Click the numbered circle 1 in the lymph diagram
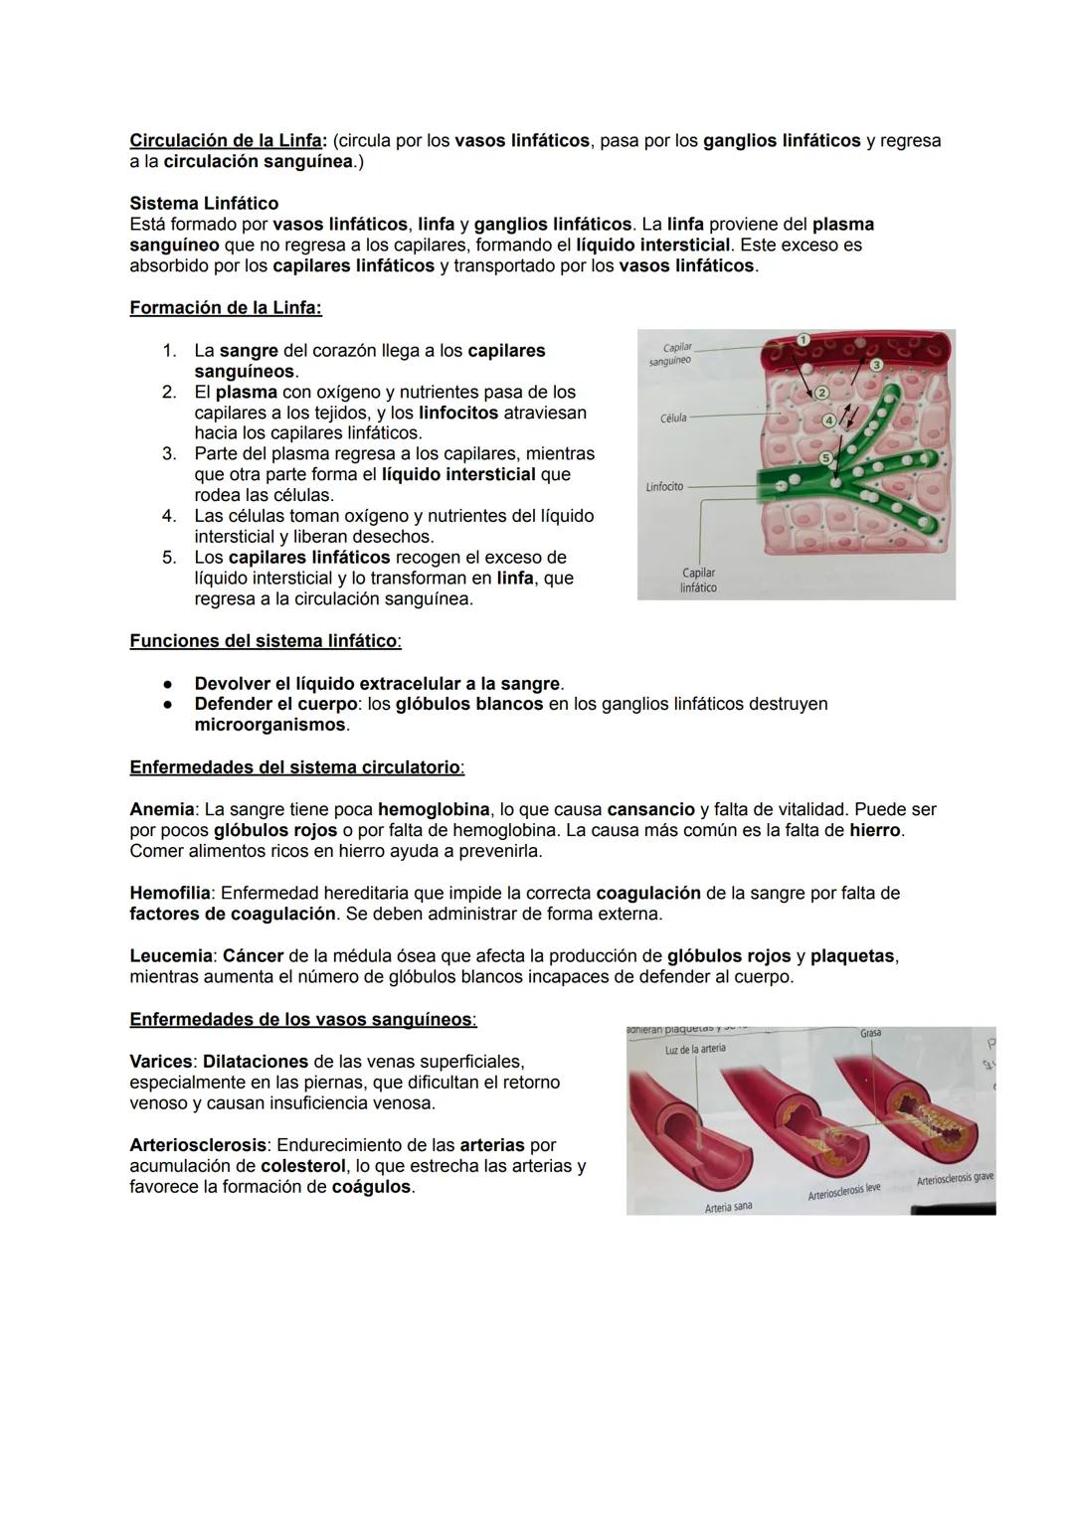(x=804, y=340)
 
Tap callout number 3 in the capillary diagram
(x=876, y=365)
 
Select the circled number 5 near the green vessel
(x=825, y=457)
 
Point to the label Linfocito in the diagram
(x=664, y=487)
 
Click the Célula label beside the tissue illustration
(x=673, y=419)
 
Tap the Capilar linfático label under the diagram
(x=698, y=581)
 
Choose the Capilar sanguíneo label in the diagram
(x=672, y=354)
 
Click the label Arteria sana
(x=728, y=1207)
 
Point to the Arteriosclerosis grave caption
(x=954, y=1179)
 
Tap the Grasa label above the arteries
(x=870, y=1034)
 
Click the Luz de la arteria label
(x=695, y=1049)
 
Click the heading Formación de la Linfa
(x=226, y=308)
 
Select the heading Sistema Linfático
(x=204, y=204)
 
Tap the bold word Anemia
(x=161, y=810)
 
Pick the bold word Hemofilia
(x=169, y=894)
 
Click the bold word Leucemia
(x=171, y=956)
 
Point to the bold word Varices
(x=161, y=1062)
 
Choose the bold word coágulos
(x=371, y=1187)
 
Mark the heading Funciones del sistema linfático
(x=265, y=641)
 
